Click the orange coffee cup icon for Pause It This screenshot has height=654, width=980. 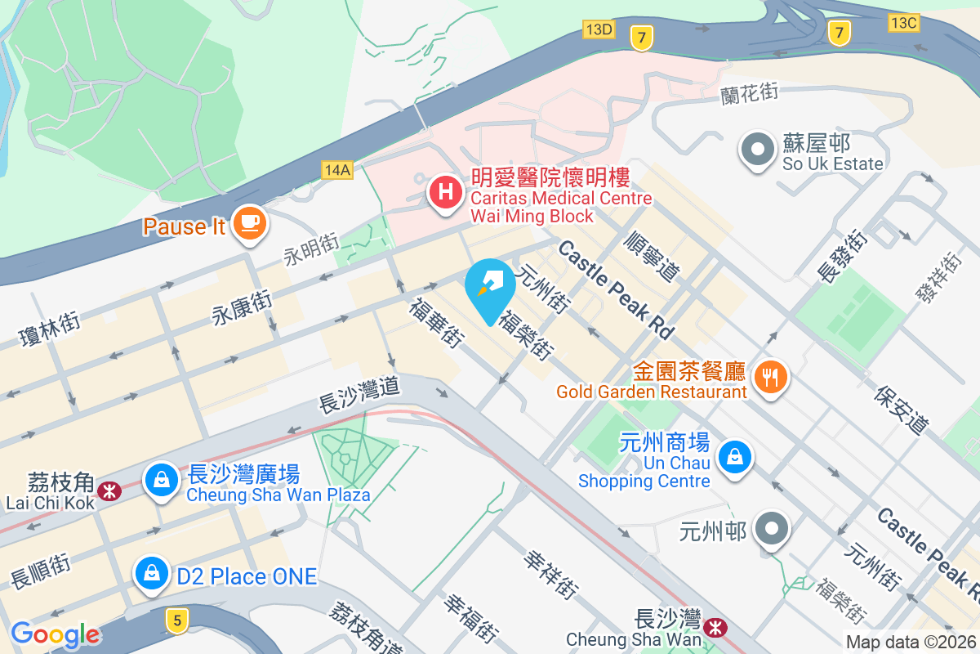247,223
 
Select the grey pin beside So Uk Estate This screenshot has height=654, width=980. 757,150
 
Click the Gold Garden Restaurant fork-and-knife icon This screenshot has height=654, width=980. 769,377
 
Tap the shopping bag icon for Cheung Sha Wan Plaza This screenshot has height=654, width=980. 162,479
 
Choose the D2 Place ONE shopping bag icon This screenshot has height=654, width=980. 152,573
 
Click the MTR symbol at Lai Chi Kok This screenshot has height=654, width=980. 108,490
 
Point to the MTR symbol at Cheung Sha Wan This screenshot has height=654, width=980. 716,628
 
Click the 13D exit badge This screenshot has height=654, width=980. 599,29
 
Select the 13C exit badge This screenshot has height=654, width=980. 904,23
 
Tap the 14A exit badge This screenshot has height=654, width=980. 336,169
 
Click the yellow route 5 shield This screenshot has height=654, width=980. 176,619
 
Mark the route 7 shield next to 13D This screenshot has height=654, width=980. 641,37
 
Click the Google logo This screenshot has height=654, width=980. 55,634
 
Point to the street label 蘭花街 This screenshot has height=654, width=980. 749,93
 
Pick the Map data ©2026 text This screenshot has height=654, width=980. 910,643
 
